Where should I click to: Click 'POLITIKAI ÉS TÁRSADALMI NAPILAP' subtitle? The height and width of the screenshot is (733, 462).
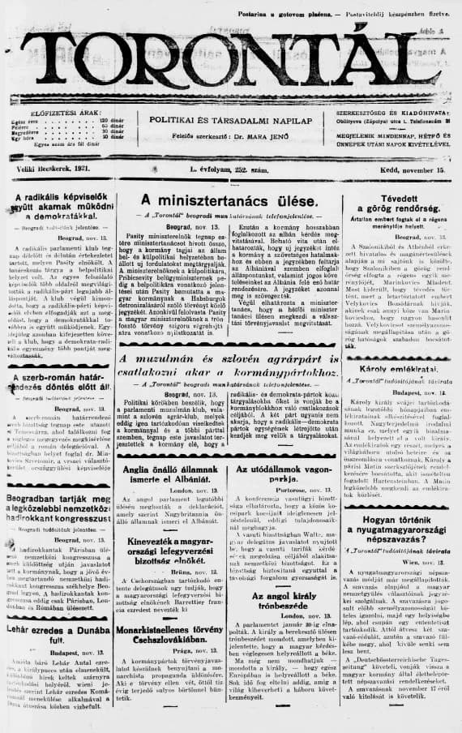(230, 119)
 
